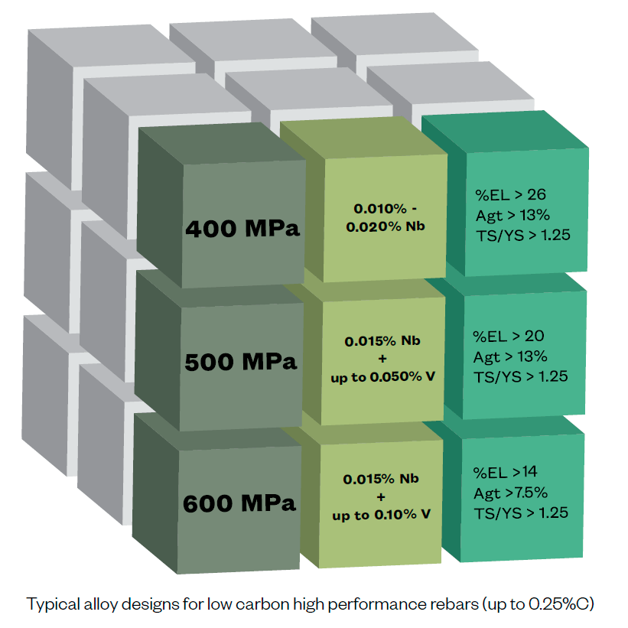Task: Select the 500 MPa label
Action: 241,361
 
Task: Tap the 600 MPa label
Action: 239,504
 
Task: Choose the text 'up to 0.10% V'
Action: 381,515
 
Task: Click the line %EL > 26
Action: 508,194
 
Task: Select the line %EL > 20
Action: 508,336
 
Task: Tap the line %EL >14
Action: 506,472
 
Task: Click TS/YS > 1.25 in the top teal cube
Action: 522,236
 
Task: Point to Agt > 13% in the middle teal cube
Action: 510,356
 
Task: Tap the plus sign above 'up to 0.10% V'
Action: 381,496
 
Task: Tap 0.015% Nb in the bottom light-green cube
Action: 381,479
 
